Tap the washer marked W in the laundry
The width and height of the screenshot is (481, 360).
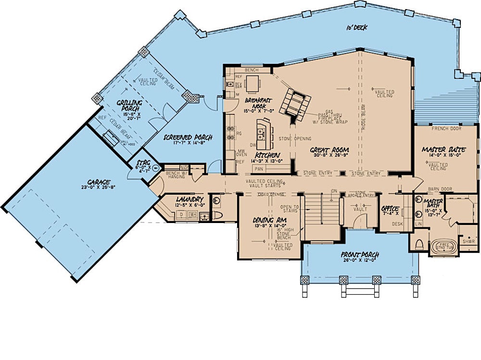coord(193,214)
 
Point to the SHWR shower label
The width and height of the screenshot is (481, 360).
coord(468,242)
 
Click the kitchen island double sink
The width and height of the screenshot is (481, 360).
coord(263,131)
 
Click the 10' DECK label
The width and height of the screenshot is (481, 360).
coord(356,27)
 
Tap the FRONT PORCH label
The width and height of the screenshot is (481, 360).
coord(360,254)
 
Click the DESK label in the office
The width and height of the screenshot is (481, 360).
coord(397,224)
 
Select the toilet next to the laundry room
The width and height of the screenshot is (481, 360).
coord(217,215)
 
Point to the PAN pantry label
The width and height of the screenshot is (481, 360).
coord(258,169)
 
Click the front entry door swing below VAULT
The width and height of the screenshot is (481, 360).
coord(358,221)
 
